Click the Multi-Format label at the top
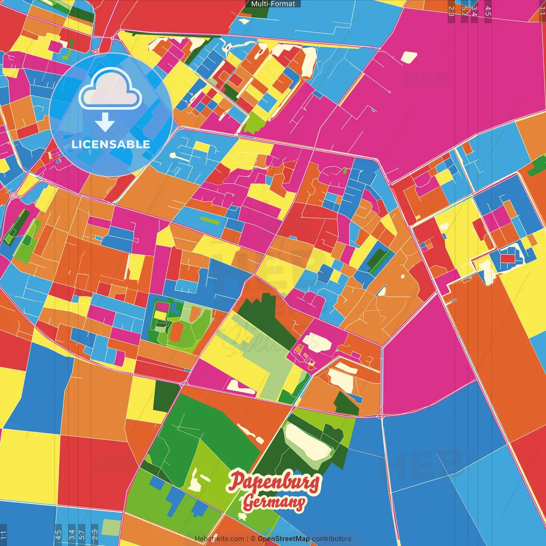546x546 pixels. [x=273, y=4]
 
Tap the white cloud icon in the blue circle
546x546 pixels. [x=110, y=89]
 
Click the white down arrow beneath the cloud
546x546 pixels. [x=105, y=123]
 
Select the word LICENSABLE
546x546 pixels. [x=111, y=144]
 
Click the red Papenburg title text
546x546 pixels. [x=274, y=482]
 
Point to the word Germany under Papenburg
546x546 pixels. [x=274, y=502]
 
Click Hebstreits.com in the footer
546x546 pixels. [x=219, y=539]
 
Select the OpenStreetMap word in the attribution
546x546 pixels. [x=284, y=539]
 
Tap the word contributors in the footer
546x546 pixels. [x=331, y=539]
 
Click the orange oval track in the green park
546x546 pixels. [x=175, y=332]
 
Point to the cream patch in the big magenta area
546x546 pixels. [x=409, y=57]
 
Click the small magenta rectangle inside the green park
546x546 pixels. [x=162, y=306]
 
